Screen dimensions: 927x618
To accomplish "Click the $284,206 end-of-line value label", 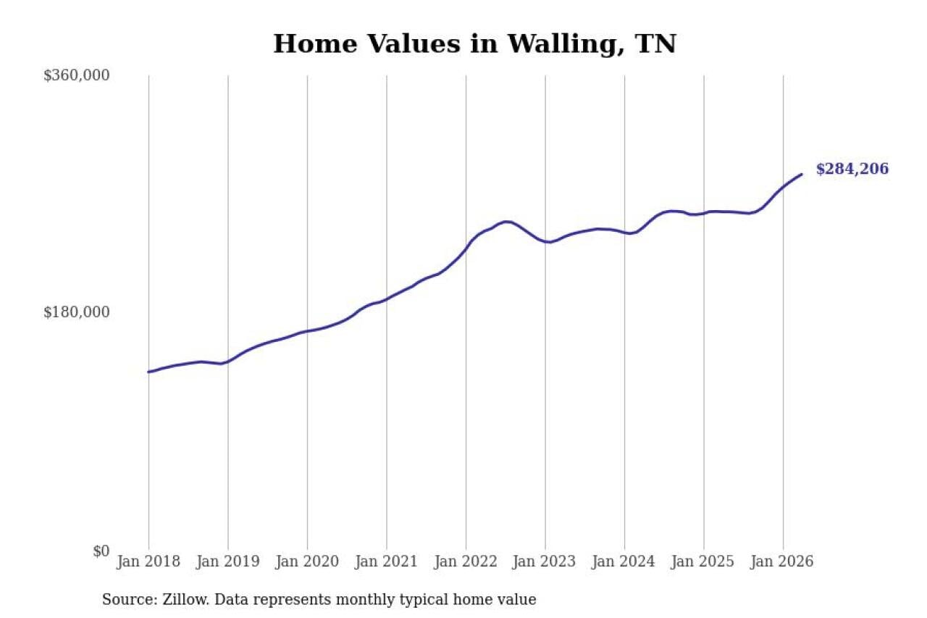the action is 852,169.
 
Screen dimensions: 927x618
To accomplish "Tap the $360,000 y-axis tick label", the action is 77,75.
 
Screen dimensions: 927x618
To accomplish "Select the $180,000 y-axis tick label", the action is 77,312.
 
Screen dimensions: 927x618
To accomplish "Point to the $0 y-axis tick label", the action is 101,551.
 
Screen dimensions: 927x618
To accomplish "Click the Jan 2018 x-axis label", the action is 148,561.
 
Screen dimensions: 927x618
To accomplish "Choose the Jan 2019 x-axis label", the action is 228,561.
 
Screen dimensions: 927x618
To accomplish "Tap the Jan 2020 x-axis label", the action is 308,561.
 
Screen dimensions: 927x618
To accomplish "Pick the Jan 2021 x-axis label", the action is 387,561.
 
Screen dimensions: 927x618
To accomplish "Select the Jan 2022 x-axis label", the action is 466,561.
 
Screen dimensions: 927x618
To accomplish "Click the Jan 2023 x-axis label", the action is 545,561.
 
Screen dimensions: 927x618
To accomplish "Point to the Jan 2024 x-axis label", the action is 624,561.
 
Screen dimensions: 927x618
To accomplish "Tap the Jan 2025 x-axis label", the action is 703,561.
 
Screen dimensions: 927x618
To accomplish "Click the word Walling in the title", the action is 566,45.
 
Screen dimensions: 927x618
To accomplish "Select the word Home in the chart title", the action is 315,44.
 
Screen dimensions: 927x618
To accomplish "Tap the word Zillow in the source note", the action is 186,599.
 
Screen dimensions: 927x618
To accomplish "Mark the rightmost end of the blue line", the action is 802,175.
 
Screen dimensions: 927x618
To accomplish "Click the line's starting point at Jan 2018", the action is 148,372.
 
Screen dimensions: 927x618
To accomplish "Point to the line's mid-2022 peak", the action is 507,222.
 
